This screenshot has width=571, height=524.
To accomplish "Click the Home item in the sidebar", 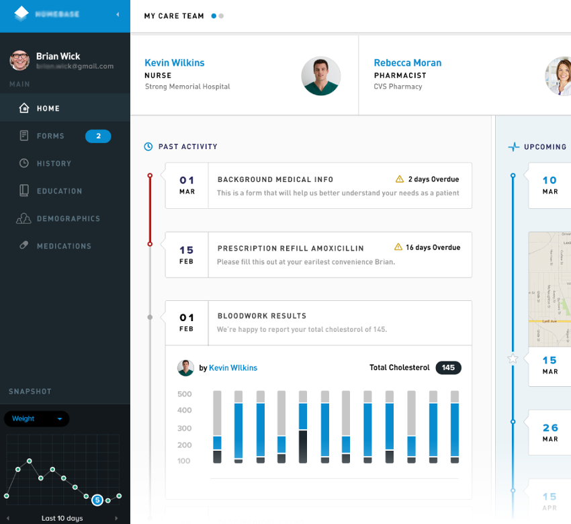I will click(x=48, y=108).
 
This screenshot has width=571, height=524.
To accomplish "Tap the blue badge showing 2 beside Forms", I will click(x=98, y=136).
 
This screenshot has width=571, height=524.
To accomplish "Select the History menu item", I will click(x=54, y=163).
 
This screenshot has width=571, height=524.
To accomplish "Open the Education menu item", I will click(x=59, y=191).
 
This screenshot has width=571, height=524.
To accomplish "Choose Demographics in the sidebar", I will click(x=68, y=218).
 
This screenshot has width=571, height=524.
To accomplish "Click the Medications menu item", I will click(x=64, y=246).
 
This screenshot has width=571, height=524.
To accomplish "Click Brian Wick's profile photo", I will click(x=19, y=60).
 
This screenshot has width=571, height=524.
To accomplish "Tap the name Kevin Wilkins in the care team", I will click(x=175, y=62).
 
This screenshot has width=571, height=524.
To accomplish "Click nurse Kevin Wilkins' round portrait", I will click(x=320, y=76).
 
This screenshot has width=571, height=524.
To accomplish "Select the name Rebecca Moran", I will click(x=408, y=62).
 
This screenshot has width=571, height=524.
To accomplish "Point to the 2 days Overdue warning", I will click(x=427, y=179).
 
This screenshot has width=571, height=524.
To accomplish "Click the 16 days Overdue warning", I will click(x=427, y=247).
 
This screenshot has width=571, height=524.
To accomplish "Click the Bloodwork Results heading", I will click(x=262, y=316).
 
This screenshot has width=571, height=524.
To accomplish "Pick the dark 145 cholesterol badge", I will click(x=448, y=367).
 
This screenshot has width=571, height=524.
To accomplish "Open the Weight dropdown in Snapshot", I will click(x=36, y=419).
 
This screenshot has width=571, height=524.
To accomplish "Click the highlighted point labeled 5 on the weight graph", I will click(x=97, y=500).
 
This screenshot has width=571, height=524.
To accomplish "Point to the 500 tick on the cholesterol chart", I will click(x=185, y=394).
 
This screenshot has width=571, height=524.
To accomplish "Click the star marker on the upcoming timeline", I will click(x=513, y=359).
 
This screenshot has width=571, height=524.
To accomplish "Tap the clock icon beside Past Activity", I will click(x=148, y=146).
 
